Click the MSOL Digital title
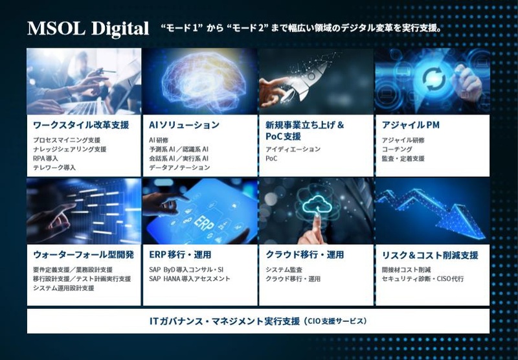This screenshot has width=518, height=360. (88, 28)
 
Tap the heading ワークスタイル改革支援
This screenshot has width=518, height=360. (81, 125)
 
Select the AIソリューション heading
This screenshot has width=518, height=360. (184, 125)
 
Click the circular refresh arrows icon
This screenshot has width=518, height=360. (434, 80)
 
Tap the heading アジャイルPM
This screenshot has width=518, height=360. (411, 125)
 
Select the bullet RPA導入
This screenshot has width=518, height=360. (45, 159)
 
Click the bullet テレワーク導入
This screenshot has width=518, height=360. (54, 168)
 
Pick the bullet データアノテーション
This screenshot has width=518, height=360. (179, 168)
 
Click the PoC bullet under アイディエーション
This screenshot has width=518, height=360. (271, 159)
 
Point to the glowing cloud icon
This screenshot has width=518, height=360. (317, 204)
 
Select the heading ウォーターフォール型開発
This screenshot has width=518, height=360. (84, 255)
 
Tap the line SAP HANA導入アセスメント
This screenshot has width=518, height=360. (190, 279)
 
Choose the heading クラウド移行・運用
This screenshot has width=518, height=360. (305, 255)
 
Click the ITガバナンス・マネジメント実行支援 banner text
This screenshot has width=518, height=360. (225, 321)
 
